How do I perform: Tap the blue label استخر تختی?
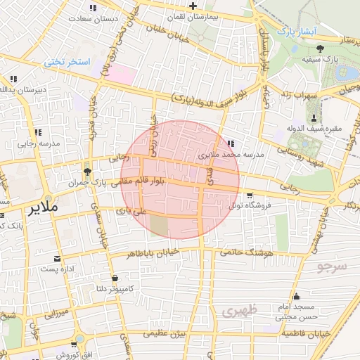[x=69, y=62]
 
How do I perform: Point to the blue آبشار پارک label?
[x=294, y=32]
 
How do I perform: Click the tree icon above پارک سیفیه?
[x=321, y=49]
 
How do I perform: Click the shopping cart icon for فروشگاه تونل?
[x=250, y=195]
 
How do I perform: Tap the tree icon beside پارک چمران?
[x=88, y=172]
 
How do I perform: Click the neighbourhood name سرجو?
[x=332, y=266]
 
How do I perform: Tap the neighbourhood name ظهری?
[x=239, y=309]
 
